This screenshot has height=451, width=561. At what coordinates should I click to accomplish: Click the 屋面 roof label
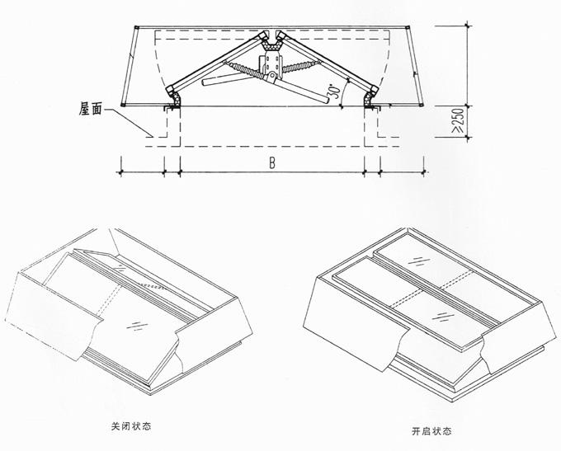click(91, 109)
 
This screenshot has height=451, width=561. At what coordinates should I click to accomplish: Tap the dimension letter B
click(272, 163)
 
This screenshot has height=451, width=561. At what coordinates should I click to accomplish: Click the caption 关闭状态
click(131, 426)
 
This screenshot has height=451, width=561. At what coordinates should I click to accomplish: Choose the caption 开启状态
click(431, 431)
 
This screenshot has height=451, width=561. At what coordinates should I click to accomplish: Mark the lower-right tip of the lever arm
click(327, 100)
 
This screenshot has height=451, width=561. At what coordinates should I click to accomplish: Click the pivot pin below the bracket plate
click(272, 76)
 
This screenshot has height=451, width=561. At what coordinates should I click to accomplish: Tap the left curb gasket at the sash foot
click(175, 99)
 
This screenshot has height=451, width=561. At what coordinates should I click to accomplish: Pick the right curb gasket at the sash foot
click(368, 99)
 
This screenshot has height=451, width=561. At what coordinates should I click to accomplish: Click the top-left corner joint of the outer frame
click(135, 27)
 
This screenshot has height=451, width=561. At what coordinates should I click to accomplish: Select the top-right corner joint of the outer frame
click(408, 27)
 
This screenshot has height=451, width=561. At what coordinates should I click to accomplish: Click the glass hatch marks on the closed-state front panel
click(138, 326)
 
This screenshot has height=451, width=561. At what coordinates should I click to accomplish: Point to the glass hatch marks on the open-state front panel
click(443, 317)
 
